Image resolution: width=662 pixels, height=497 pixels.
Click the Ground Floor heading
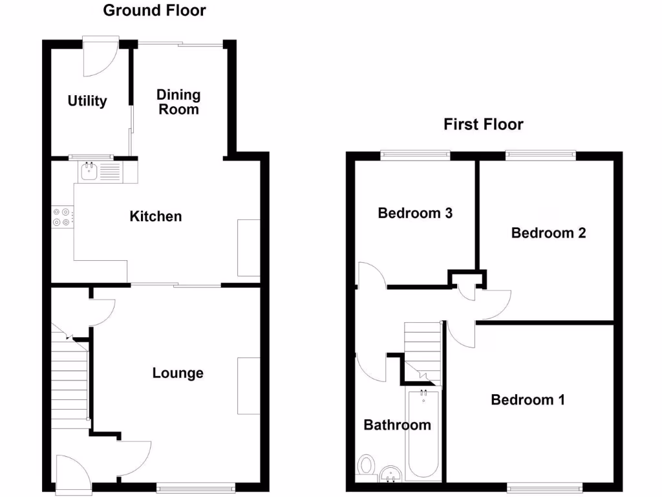[x=155, y=10]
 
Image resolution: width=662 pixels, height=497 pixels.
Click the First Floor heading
[x=483, y=124]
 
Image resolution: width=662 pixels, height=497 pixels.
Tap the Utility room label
[x=87, y=101]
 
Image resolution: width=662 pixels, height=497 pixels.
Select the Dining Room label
[x=178, y=102]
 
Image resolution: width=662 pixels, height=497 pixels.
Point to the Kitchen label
[x=156, y=216]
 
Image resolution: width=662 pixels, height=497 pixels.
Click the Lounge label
[x=178, y=373]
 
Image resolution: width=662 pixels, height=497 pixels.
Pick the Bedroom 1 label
[x=528, y=399]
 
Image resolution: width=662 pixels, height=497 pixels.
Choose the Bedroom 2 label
[x=548, y=233]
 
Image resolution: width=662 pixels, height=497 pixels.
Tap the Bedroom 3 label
[x=415, y=213]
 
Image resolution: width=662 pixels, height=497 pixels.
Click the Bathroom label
[x=397, y=425]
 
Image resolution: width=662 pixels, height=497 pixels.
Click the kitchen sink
[x=89, y=172]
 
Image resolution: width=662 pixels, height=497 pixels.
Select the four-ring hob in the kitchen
[x=63, y=217]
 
